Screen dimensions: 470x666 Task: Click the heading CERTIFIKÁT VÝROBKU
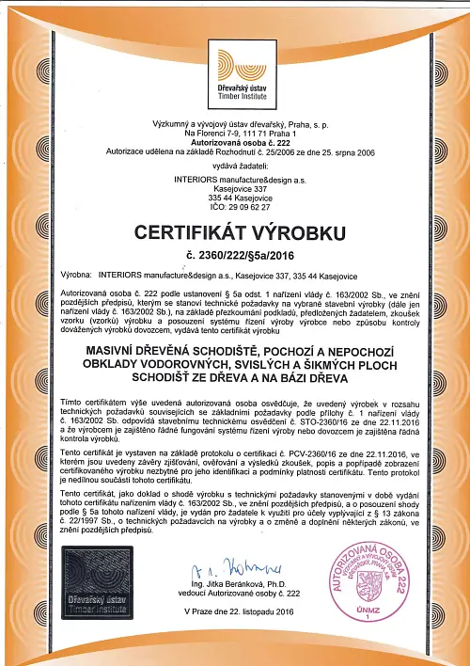tap(235, 232)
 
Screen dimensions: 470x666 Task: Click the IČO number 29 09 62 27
tap(235, 205)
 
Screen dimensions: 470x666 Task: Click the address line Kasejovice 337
tap(235, 185)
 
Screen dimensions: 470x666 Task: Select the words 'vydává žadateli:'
tap(235, 164)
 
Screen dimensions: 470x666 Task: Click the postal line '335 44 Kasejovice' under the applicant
tap(235, 195)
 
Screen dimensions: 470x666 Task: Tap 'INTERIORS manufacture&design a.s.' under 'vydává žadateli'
tap(235, 176)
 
